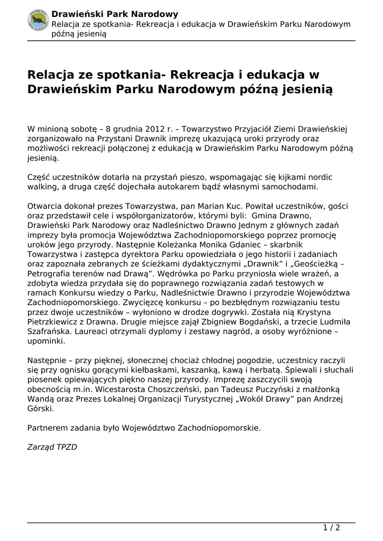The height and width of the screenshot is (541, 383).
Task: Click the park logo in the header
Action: click(x=38, y=20)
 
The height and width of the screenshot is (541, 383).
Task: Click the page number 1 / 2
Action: click(x=331, y=528)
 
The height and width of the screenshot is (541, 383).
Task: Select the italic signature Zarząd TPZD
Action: click(x=52, y=447)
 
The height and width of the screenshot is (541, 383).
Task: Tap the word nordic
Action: click(x=320, y=178)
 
